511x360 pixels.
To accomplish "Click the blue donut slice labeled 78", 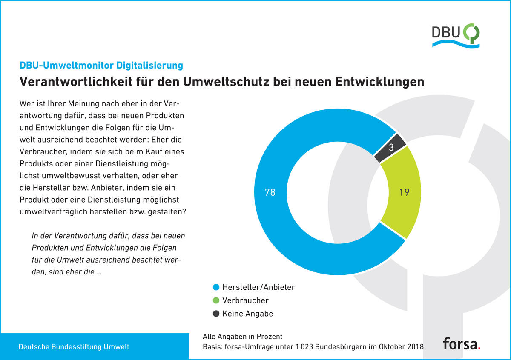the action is click(x=270, y=192).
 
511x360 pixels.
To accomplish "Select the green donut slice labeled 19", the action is click(x=404, y=192).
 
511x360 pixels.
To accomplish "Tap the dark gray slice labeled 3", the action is click(x=391, y=148).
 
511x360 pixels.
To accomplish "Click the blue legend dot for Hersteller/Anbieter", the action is click(x=216, y=287).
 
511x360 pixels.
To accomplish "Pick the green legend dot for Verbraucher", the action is click(x=216, y=300).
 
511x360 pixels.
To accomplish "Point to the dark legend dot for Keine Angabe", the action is click(x=216, y=314).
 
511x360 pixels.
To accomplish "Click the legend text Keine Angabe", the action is click(x=248, y=314).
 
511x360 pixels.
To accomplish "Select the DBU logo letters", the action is click(x=445, y=32).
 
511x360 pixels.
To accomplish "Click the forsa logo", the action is click(x=462, y=343).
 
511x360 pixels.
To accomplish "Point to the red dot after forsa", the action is click(x=479, y=348).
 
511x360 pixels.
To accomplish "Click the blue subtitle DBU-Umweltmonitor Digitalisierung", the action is click(x=101, y=66).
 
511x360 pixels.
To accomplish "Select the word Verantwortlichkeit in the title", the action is click(x=76, y=81).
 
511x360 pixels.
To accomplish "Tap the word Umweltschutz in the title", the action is click(x=226, y=81).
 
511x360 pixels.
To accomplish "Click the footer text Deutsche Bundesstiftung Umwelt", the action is click(x=74, y=346).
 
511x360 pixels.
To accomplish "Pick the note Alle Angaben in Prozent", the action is click(x=242, y=337).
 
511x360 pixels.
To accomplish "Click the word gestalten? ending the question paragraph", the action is click(x=167, y=212).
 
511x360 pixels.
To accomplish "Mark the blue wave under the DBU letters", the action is click(x=456, y=44).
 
